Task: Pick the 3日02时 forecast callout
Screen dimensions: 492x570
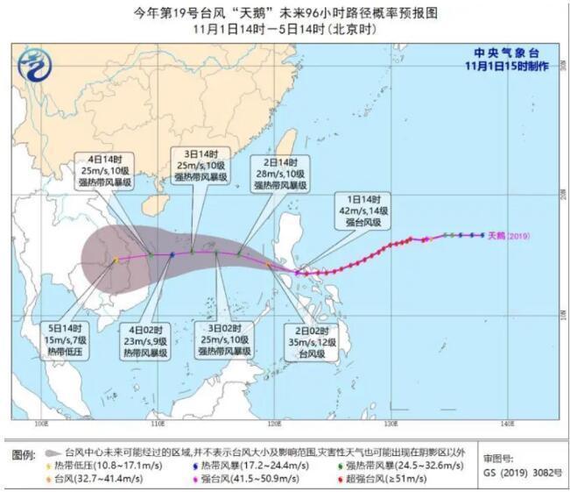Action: coord(224,339)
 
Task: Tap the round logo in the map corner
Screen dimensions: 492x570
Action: coord(35,63)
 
